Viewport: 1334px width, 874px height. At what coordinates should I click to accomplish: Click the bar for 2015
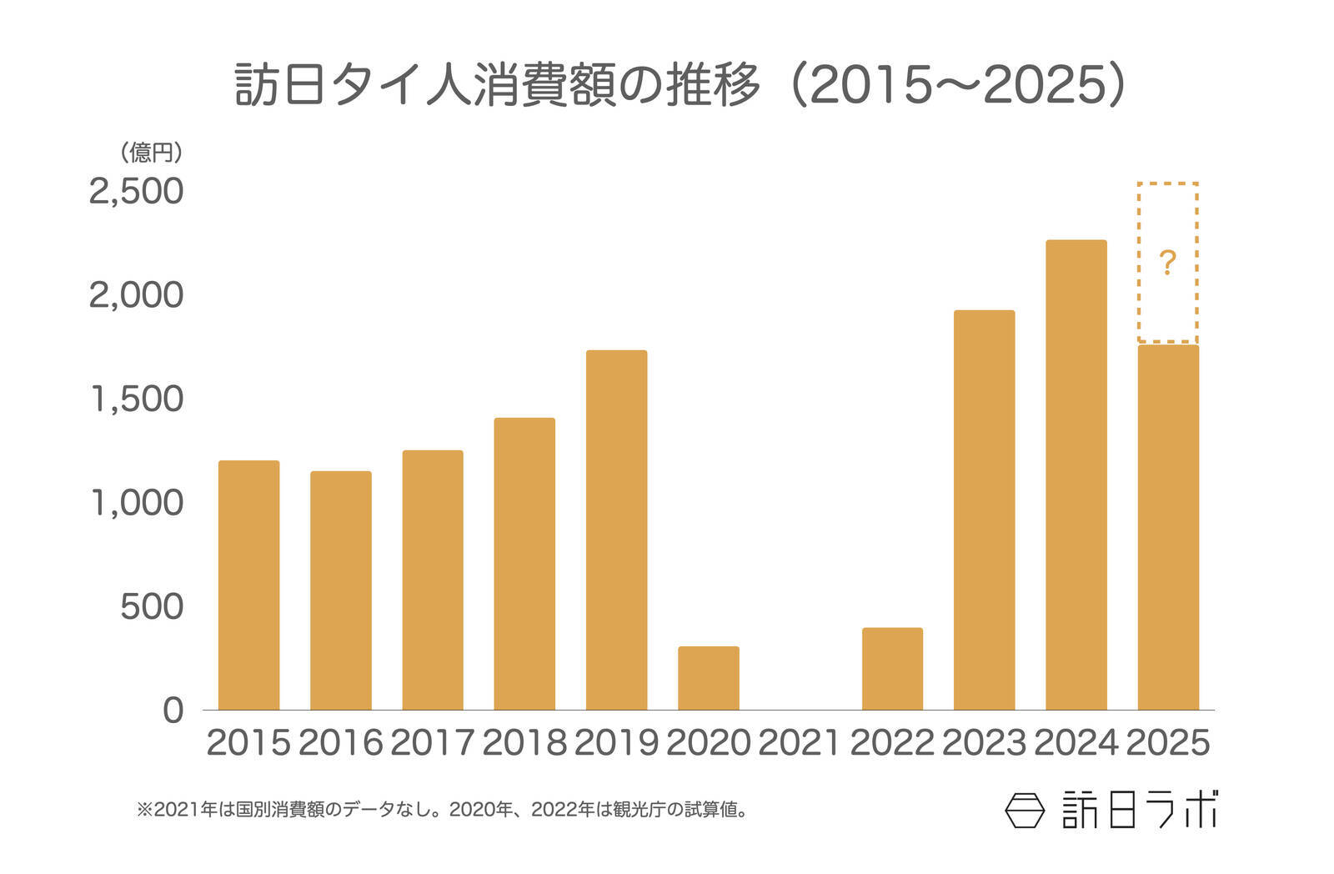(x=248, y=585)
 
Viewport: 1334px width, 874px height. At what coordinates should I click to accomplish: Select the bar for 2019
(x=616, y=530)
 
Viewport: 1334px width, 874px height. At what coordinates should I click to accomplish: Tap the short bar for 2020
(x=708, y=678)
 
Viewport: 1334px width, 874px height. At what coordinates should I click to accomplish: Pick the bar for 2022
(x=892, y=669)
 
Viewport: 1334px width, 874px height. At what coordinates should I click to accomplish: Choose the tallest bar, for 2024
(x=1076, y=475)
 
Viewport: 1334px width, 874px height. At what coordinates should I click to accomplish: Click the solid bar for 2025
(x=1168, y=527)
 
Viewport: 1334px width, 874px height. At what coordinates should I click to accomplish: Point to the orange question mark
(x=1167, y=264)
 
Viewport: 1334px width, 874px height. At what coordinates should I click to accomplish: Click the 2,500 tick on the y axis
(x=136, y=191)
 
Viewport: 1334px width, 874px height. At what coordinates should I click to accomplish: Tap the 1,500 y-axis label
(x=136, y=399)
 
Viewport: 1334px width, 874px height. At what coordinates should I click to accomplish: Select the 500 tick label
(x=152, y=607)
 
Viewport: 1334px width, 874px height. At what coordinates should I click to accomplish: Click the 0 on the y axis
(x=173, y=711)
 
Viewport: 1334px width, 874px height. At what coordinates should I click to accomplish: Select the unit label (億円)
(x=151, y=153)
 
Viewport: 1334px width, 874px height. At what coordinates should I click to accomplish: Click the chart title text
(x=680, y=85)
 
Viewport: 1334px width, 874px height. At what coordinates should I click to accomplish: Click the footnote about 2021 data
(x=442, y=809)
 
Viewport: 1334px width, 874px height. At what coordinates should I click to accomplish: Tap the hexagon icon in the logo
(x=1025, y=810)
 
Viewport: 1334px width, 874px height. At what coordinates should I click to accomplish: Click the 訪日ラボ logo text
(x=1139, y=810)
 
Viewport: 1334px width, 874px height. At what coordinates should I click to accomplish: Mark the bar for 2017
(x=432, y=580)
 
